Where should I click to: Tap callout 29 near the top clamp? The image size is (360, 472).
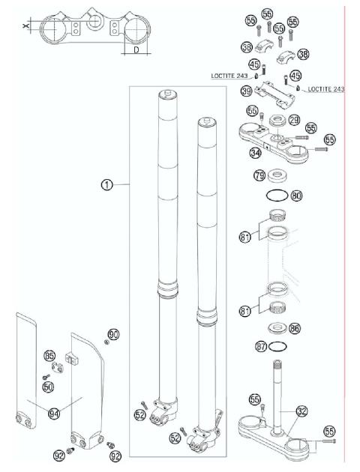[294, 120]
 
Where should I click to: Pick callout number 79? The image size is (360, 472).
[259, 176]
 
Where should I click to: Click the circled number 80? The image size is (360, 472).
[296, 196]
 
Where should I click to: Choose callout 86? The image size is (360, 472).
[294, 327]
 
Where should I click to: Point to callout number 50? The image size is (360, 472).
[48, 387]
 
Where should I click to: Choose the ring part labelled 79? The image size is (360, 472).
[279, 177]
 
